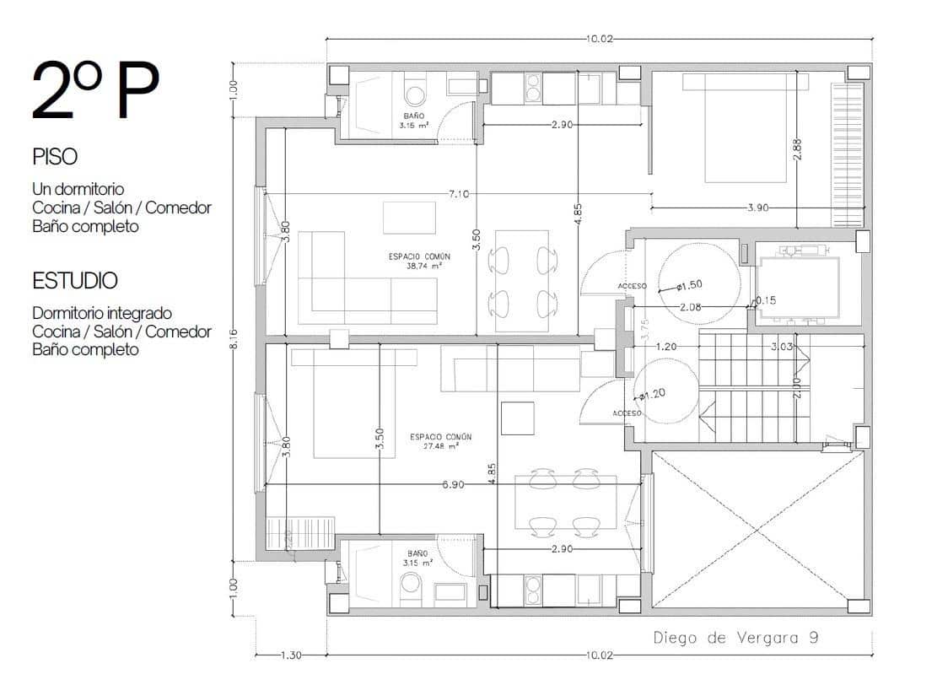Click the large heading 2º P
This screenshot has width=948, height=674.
pyautogui.click(x=94, y=90)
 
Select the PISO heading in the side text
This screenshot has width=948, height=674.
pyautogui.click(x=55, y=157)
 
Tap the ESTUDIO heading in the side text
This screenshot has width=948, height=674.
pyautogui.click(x=75, y=280)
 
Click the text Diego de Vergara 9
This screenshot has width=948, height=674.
pyautogui.click(x=735, y=638)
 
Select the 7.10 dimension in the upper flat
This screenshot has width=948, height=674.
pyautogui.click(x=459, y=194)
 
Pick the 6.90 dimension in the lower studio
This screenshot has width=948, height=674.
pyautogui.click(x=454, y=485)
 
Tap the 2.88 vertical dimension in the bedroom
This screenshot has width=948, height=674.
pyautogui.click(x=797, y=148)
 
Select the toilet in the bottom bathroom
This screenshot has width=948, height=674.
pyautogui.click(x=412, y=584)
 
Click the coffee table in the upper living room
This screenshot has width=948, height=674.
pyautogui.click(x=409, y=217)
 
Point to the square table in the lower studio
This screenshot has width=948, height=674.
pyautogui.click(x=518, y=418)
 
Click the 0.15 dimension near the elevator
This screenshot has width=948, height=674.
pyautogui.click(x=767, y=300)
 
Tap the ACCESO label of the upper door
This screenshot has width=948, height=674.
pyautogui.click(x=632, y=287)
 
